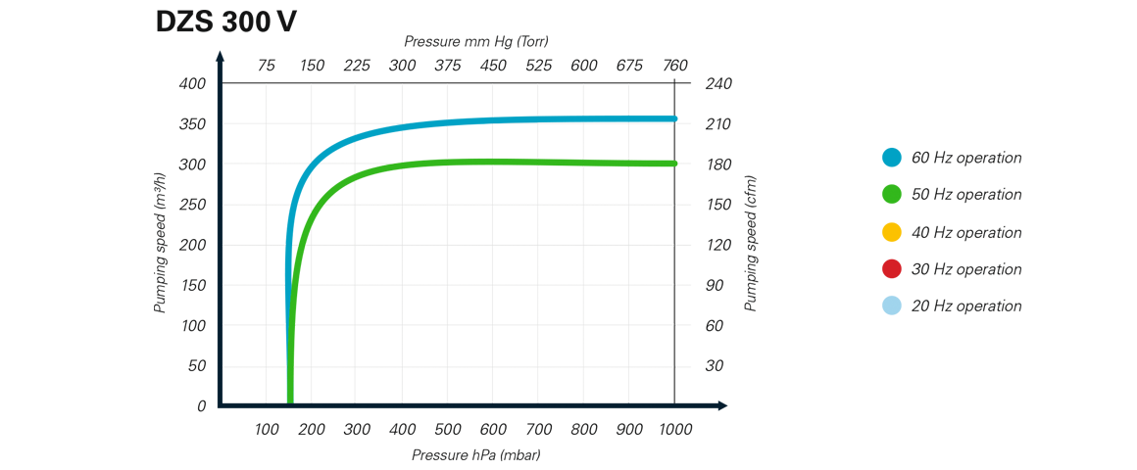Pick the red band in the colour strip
coord(863,264)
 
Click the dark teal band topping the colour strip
coord(863,117)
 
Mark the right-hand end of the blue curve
coord(680,119)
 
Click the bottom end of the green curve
coord(293,392)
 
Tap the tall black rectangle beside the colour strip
coord(964,186)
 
